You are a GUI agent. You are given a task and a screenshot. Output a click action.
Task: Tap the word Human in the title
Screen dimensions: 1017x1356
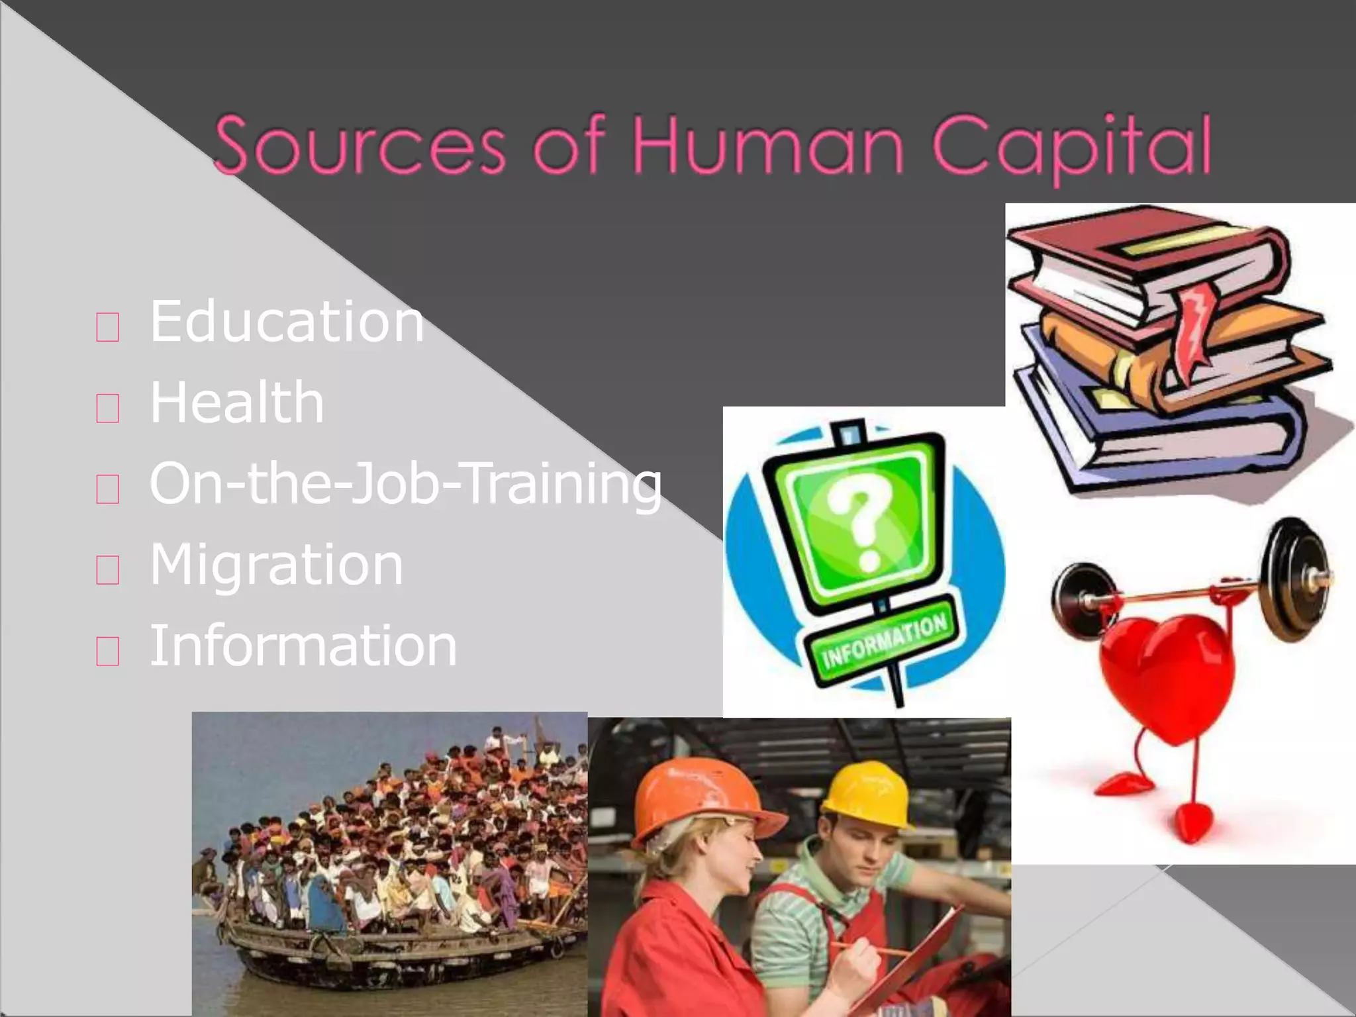tap(768, 146)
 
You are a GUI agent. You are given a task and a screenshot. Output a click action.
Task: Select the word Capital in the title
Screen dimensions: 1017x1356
tap(1073, 147)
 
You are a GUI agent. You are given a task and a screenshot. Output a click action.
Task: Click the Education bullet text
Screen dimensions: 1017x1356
tap(286, 322)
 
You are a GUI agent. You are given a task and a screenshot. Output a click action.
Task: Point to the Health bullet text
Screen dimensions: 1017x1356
tap(236, 403)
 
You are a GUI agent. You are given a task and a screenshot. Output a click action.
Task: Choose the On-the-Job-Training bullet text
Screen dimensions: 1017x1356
tap(405, 485)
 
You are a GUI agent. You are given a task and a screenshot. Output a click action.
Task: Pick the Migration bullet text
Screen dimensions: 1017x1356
tap(276, 565)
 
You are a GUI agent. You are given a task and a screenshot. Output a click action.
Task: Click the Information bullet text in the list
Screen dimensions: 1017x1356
tap(303, 646)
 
